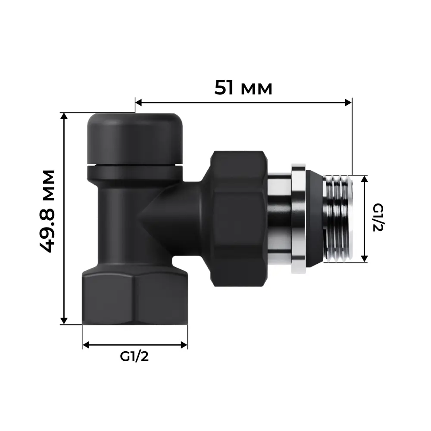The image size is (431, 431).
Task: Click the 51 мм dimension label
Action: point(244,88)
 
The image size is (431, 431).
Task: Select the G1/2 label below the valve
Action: point(134,357)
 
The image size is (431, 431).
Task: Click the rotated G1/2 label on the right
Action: point(378,218)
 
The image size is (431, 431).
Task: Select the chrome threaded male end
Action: point(338,219)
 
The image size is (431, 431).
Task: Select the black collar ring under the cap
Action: point(134,173)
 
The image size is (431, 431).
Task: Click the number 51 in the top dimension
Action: point(225,88)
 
